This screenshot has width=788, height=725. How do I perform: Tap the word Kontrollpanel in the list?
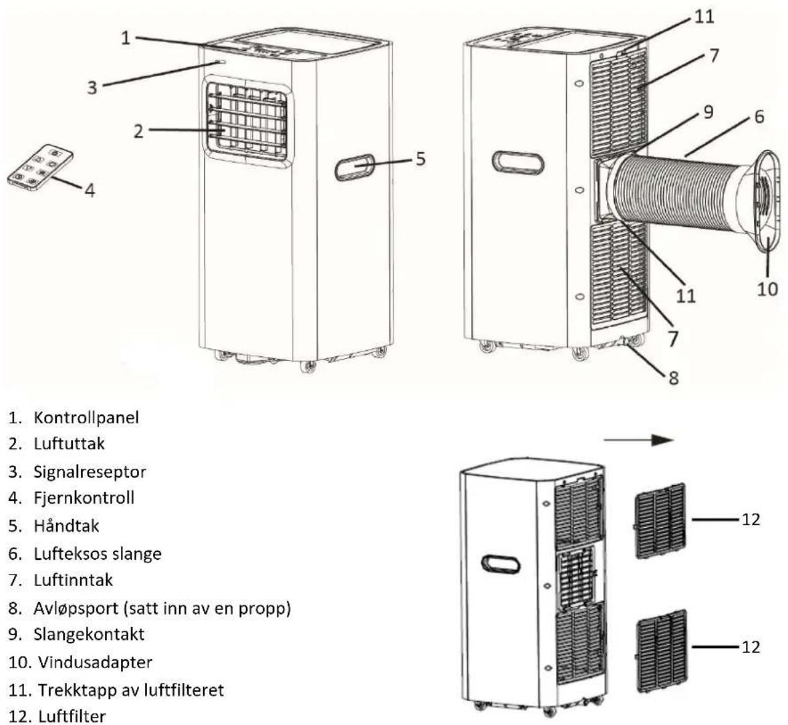[86, 417]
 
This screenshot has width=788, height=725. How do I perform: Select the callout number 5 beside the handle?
[420, 159]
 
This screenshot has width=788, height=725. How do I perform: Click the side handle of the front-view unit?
[355, 167]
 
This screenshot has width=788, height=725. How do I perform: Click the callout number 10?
[767, 288]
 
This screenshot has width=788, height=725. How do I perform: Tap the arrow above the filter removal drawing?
[638, 440]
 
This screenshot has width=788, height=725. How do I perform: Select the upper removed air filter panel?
[659, 520]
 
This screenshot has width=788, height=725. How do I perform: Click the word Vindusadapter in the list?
[95, 661]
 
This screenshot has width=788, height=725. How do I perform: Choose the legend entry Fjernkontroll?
[84, 497]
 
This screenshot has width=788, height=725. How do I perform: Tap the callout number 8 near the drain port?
[674, 377]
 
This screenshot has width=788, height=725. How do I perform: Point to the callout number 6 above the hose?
[759, 116]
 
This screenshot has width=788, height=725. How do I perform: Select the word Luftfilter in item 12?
[72, 716]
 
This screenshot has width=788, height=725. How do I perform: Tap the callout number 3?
[92, 87]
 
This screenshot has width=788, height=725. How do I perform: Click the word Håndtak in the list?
[66, 526]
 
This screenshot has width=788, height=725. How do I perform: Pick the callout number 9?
[708, 112]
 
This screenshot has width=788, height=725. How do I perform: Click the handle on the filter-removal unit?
[501, 563]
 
